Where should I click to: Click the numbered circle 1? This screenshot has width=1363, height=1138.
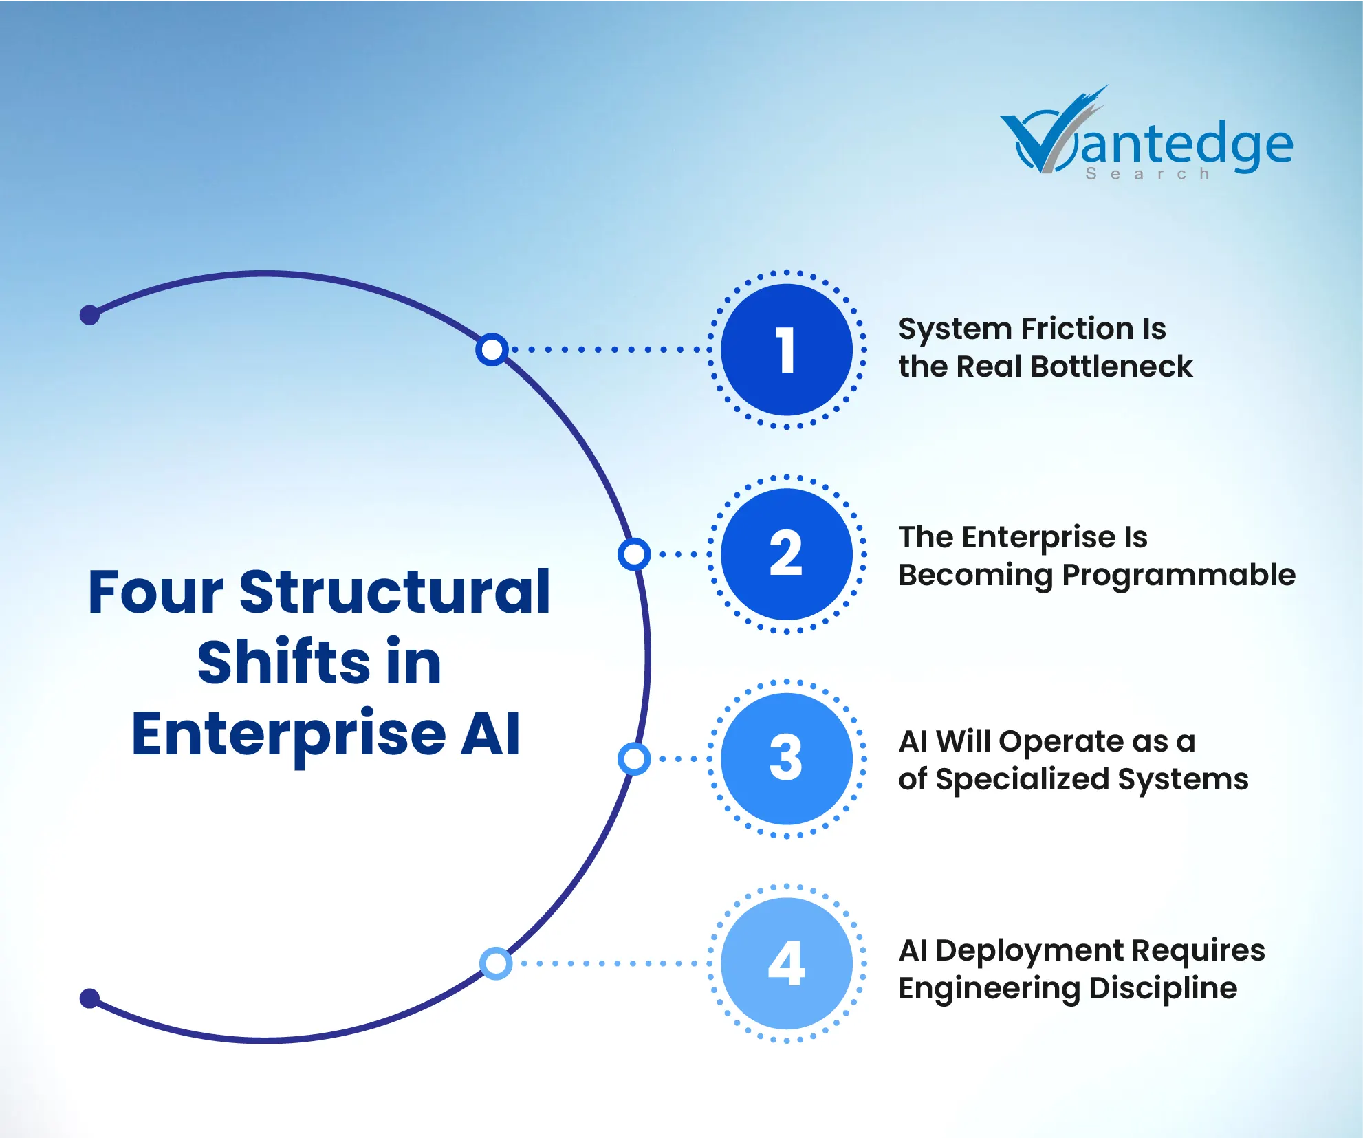point(787,349)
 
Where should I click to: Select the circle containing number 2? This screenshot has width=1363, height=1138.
point(787,554)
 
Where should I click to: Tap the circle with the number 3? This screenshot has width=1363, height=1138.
point(787,758)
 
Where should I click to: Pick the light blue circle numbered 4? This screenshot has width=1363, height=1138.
point(787,963)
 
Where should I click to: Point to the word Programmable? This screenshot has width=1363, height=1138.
point(1179,576)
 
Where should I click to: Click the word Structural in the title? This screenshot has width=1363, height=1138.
point(395,592)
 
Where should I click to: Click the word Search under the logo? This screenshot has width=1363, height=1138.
point(1148,174)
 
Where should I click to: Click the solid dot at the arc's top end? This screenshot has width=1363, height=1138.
point(89,315)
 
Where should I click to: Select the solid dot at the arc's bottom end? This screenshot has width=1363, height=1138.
point(89,998)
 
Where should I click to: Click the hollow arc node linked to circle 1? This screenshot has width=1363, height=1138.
point(492,349)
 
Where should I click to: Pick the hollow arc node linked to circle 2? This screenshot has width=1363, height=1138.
point(634,554)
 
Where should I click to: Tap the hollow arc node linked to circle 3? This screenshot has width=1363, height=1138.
point(634,758)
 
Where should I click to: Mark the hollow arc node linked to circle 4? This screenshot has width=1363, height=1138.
point(496,963)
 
